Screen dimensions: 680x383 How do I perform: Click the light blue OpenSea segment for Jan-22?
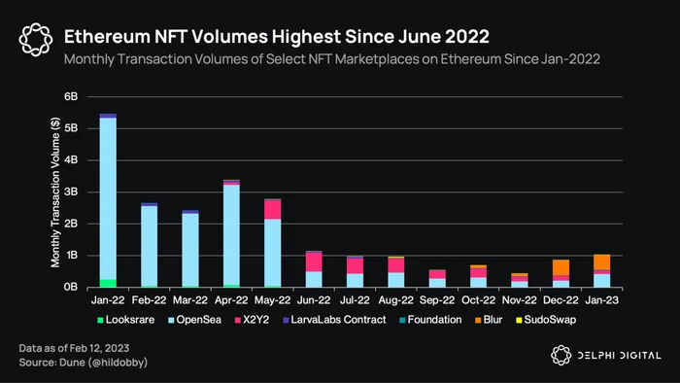point(108,198)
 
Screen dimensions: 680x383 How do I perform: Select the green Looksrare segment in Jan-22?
point(108,283)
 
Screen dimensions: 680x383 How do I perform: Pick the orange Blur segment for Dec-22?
point(561,267)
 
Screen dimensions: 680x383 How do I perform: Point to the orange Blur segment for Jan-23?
point(602,262)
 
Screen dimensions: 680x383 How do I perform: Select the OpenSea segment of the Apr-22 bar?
point(231,234)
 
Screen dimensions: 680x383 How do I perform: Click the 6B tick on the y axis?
point(71,96)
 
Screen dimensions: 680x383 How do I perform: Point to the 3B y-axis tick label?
point(71,191)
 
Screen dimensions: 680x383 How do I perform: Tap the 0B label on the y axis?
point(71,287)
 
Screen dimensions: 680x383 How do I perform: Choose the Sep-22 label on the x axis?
point(437,300)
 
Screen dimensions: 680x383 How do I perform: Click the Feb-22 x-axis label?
point(149,300)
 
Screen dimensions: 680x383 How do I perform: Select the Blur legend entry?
point(489,320)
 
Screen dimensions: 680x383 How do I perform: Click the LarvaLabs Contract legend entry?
point(334,320)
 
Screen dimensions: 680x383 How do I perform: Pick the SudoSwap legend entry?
point(546,320)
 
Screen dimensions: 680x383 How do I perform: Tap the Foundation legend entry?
point(430,320)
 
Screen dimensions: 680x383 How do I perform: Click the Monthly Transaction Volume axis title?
point(55,192)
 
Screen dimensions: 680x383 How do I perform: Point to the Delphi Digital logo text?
point(620,356)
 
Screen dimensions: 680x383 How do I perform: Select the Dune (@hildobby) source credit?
point(103,363)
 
